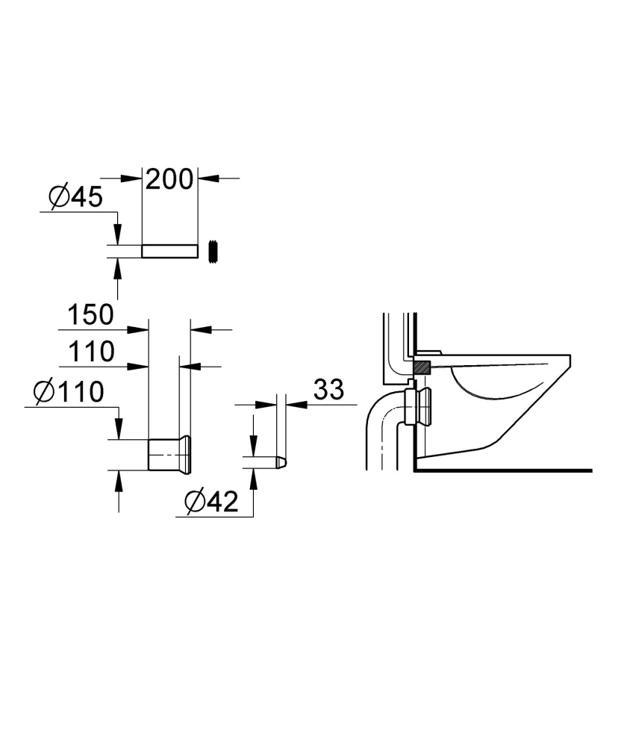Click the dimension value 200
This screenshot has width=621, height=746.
pyautogui.click(x=169, y=179)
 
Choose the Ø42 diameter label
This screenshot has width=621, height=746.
pyautogui.click(x=210, y=502)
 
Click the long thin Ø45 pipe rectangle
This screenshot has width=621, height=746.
pyautogui.click(x=169, y=251)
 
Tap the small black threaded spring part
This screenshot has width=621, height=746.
pyautogui.click(x=215, y=251)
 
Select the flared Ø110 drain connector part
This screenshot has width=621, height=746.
pyautogui.click(x=170, y=455)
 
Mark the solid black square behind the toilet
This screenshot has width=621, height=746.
pyautogui.click(x=422, y=367)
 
